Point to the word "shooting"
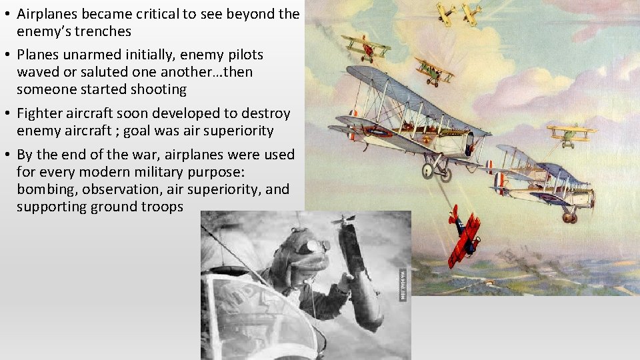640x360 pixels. (x=159, y=89)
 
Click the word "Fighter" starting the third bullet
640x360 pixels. (x=39, y=113)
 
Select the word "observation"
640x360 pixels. (x=121, y=189)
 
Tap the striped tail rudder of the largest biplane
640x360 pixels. (x=352, y=125)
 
